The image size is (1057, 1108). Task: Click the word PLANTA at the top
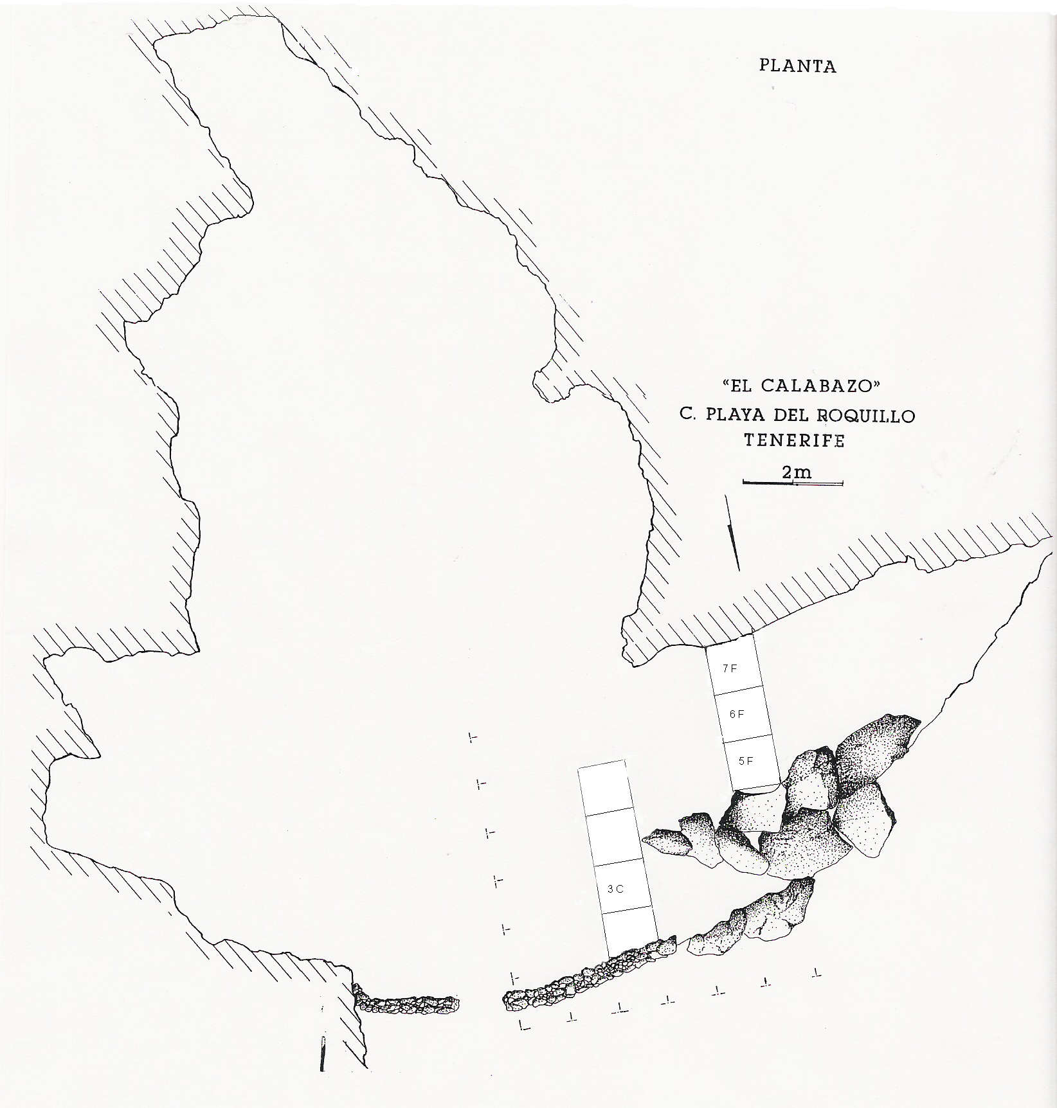click(797, 66)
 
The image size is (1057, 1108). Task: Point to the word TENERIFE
click(793, 441)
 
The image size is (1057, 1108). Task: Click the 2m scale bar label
click(796, 472)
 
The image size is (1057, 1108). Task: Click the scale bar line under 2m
click(792, 483)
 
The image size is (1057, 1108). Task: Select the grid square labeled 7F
click(734, 670)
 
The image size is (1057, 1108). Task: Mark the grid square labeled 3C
click(620, 889)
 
